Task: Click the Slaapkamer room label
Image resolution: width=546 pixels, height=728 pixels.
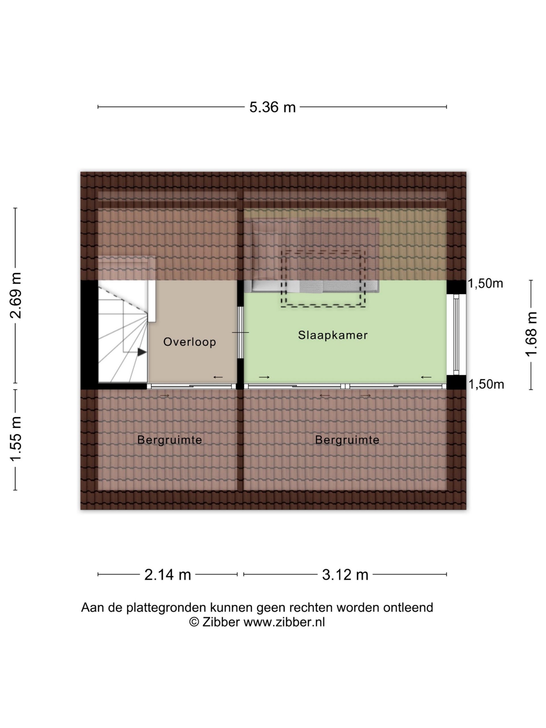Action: coord(332,335)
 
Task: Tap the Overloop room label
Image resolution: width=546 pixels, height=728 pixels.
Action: coord(190,342)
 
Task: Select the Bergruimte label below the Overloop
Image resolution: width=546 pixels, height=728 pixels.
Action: coord(169,440)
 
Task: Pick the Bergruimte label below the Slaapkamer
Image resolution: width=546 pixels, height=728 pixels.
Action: coord(347,440)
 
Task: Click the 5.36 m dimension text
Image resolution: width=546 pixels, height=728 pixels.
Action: coord(272,107)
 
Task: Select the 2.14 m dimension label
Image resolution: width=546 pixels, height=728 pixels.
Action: coord(168,575)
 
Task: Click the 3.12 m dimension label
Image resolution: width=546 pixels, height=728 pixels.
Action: coord(345,575)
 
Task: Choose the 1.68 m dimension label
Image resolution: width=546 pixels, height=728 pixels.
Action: coord(531,334)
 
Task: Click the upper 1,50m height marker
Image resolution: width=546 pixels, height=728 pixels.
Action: coord(485,283)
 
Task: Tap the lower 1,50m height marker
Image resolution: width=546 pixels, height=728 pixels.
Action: coord(486,384)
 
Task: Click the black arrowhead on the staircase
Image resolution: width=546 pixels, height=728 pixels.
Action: coord(142,352)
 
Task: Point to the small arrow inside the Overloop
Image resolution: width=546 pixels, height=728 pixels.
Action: coord(218,377)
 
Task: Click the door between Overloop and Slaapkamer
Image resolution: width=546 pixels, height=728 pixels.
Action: coord(241,332)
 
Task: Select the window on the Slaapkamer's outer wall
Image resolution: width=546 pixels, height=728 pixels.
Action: coord(456,334)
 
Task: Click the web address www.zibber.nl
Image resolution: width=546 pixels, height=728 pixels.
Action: coord(284,622)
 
